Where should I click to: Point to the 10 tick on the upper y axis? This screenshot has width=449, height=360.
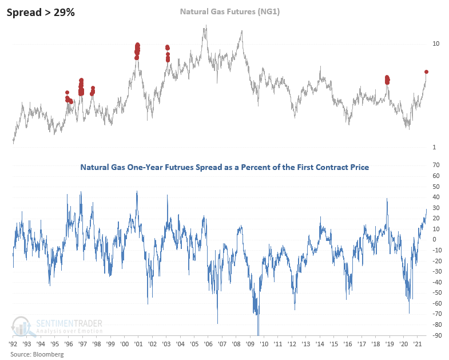point(436,43)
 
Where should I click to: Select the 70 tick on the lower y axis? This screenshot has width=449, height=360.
point(436,165)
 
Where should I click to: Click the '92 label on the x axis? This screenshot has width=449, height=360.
point(13,345)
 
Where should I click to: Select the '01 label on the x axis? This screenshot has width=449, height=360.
point(138,345)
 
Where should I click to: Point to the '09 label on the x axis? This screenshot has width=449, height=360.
point(250,345)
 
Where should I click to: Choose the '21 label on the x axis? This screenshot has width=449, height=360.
point(418,345)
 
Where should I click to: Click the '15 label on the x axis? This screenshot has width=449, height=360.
point(333,345)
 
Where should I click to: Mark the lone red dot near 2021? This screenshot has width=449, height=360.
point(426,72)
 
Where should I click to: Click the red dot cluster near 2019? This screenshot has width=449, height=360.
point(387,79)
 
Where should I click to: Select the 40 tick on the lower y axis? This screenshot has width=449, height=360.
point(436,197)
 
